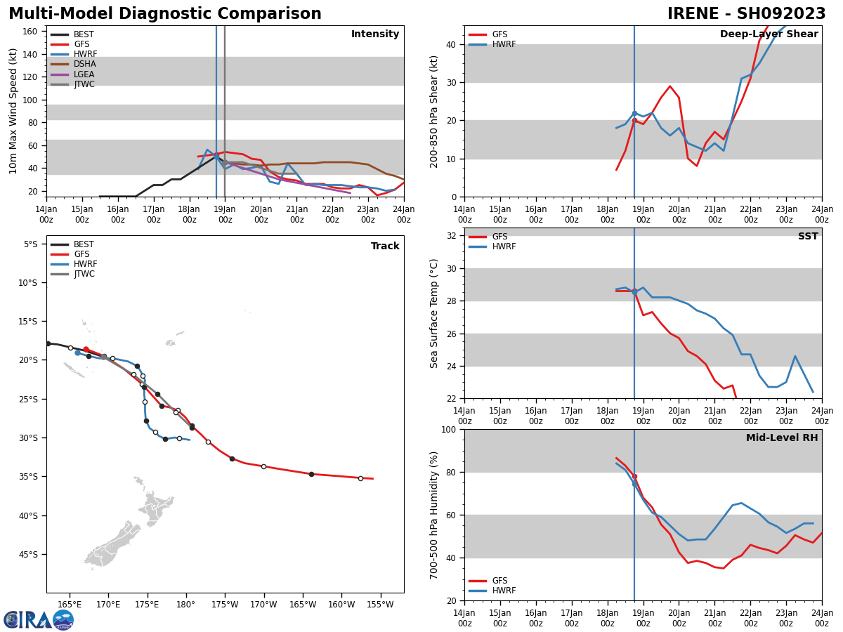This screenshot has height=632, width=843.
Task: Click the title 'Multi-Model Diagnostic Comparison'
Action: [x=164, y=14]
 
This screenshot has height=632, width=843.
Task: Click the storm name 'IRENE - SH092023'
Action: [x=747, y=14]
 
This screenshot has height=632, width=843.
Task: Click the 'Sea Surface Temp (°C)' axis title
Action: [x=435, y=313]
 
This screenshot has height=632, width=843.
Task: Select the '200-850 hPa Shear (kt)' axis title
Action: [x=435, y=111]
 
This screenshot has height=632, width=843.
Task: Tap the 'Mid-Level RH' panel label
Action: [x=781, y=438]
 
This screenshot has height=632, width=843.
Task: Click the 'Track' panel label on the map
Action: [x=385, y=246]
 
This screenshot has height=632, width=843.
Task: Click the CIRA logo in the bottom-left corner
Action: [x=39, y=619]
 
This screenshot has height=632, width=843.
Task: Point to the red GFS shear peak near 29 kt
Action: [x=669, y=86]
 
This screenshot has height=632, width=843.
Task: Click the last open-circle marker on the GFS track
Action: [x=360, y=478]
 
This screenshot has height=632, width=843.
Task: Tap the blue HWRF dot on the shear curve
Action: [x=634, y=113]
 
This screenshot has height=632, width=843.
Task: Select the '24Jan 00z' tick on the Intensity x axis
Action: [x=403, y=214]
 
